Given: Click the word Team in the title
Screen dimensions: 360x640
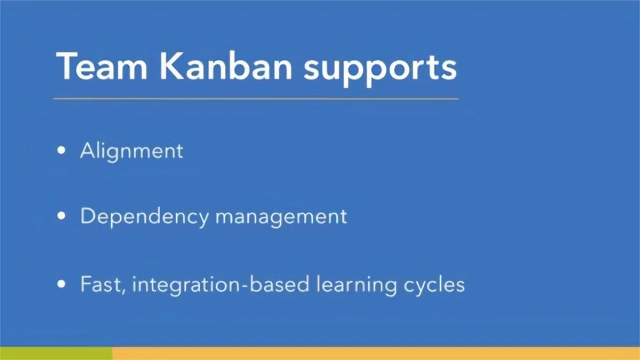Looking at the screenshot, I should point(101,66).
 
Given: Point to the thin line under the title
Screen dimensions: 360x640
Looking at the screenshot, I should point(256,99).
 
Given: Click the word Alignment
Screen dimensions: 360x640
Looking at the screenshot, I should point(131,150).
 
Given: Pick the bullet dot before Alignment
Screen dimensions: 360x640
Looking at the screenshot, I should point(61,151).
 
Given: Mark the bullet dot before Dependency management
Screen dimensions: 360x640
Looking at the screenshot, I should point(61,217).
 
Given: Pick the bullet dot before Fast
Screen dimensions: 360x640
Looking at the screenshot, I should point(61,284).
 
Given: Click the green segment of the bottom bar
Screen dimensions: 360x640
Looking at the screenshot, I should point(56,353).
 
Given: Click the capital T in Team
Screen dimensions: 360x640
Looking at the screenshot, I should point(68,66).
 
